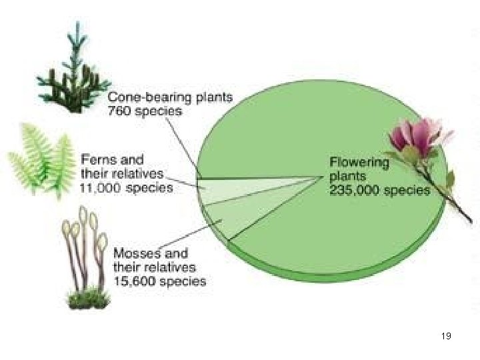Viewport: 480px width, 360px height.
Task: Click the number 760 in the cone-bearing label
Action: tap(120, 111)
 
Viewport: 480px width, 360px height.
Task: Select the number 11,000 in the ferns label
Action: tap(101, 188)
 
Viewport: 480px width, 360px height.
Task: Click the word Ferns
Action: tap(97, 160)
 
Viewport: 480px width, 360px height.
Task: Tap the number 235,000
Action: tap(354, 190)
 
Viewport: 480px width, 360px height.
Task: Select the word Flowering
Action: tap(359, 161)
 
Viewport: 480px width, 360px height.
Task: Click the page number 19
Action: tap(446, 337)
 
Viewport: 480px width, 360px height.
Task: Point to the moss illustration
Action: tap(87, 260)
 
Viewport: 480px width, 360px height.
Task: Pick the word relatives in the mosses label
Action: tap(162, 267)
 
